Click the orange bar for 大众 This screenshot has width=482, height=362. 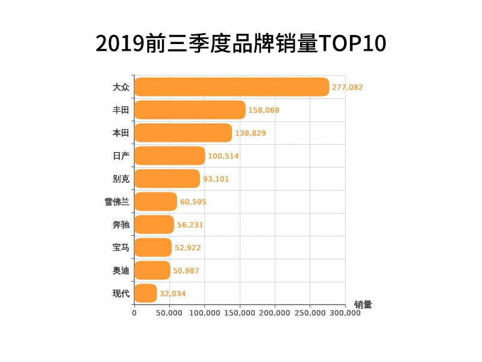coord(231,87)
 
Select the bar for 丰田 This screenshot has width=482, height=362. coord(190,110)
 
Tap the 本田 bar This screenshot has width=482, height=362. coord(183,133)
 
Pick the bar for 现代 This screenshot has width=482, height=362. coord(145,293)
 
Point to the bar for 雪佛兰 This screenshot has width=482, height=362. coord(155,202)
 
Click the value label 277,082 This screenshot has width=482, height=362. coord(348,87)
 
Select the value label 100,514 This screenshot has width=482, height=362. coord(224,156)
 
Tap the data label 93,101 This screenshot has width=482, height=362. coord(216,179)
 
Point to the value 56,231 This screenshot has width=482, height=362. coord(190,225)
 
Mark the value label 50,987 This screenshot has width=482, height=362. coord(186,271)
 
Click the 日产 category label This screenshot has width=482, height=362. coord(121,156)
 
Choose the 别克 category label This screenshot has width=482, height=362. coord(121,179)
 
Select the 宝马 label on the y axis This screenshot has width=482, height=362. coord(121,247)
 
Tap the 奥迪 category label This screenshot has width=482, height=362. coord(121,270)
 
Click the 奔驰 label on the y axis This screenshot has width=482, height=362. coord(121,224)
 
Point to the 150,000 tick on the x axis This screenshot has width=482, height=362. coord(240,313)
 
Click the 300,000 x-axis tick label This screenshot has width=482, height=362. coord(345,313)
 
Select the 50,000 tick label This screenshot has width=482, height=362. coord(169,313)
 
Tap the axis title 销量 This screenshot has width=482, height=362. coord(363,305)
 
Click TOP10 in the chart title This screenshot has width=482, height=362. coord(352,43)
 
